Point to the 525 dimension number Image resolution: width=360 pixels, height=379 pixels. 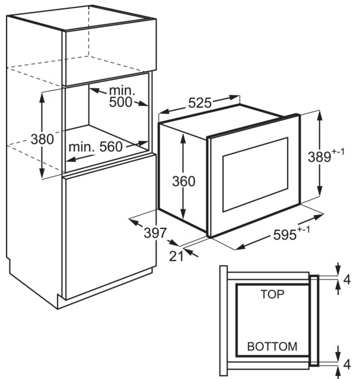(x=200, y=103)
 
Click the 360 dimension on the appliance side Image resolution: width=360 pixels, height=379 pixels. (x=183, y=181)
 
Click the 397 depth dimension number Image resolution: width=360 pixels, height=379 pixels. (x=155, y=233)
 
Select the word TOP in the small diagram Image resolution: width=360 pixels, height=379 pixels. (x=272, y=294)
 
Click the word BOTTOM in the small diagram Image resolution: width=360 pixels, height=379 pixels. (x=272, y=346)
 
